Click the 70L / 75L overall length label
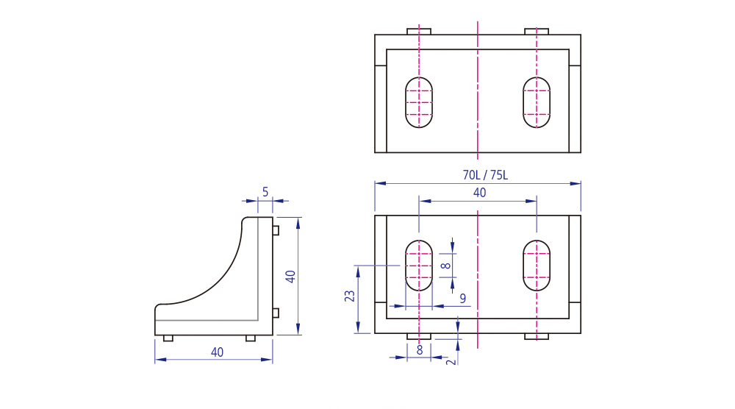pyautogui.click(x=485, y=175)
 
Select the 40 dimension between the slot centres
pyautogui.click(x=479, y=193)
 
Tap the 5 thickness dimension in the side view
pyautogui.click(x=265, y=192)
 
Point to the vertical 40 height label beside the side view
pyautogui.click(x=290, y=277)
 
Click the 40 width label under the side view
pyautogui.click(x=217, y=352)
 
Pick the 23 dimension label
pyautogui.click(x=350, y=296)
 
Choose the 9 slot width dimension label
pyautogui.click(x=463, y=299)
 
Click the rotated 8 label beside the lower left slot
pyautogui.click(x=446, y=266)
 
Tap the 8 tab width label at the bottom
pyautogui.click(x=419, y=350)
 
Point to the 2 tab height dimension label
pyautogui.click(x=451, y=362)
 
